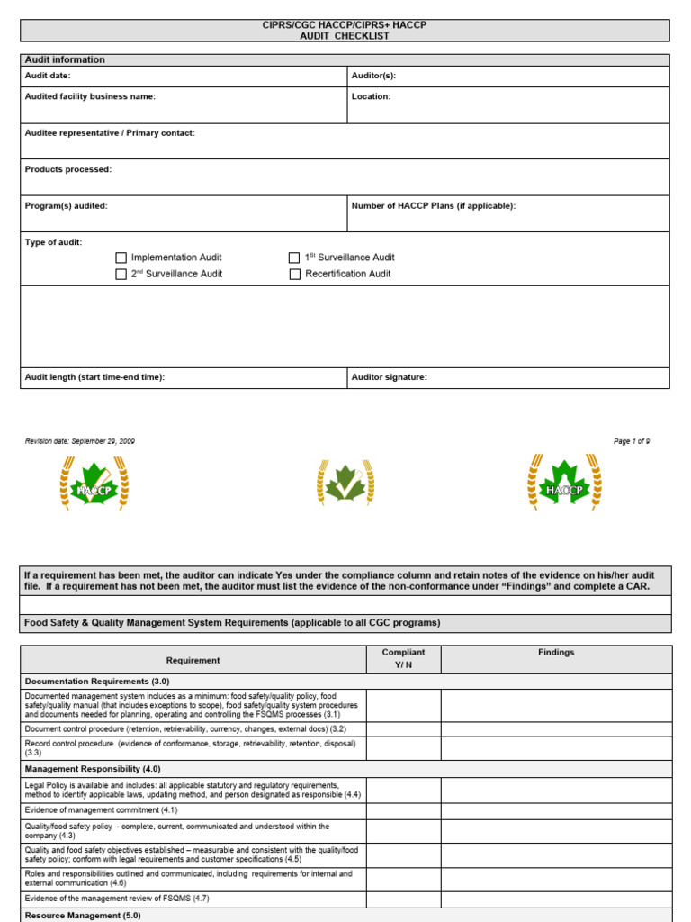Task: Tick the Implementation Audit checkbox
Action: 121,258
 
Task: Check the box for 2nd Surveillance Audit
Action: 121,274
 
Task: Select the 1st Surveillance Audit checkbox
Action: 294,258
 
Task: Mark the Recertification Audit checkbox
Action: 294,274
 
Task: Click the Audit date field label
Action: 48,77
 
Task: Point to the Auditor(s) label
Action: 373,77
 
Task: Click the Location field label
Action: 371,96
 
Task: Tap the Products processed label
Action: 68,169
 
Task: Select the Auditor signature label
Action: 390,377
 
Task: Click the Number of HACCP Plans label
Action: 434,206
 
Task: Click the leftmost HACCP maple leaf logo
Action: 94,484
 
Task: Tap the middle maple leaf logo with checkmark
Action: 345,484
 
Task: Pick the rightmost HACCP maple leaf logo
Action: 564,484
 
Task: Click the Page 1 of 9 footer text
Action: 632,441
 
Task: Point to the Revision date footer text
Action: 80,441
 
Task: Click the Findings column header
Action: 556,653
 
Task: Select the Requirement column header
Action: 193,660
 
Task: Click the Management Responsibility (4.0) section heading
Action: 93,769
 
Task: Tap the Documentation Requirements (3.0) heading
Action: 97,682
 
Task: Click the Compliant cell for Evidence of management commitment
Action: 403,810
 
